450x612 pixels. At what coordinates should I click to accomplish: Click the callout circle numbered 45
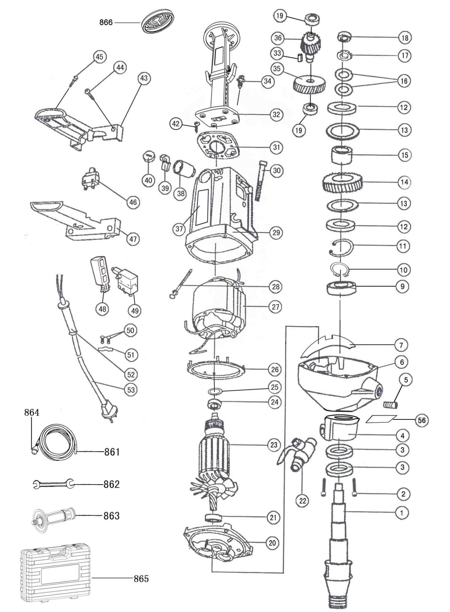[x=99, y=57]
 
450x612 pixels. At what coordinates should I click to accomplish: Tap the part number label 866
[x=106, y=23]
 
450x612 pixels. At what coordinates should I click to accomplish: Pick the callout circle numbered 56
[x=422, y=420]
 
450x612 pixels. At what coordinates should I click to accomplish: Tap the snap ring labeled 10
[x=340, y=269]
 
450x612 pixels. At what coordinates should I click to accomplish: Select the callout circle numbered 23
[x=274, y=444]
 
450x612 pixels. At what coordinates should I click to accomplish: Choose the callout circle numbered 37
[x=179, y=229]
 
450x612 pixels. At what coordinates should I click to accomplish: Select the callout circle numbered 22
[x=302, y=501]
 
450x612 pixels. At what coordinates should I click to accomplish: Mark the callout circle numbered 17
[x=405, y=56]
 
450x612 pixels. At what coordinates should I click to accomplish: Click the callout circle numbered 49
[x=135, y=311]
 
